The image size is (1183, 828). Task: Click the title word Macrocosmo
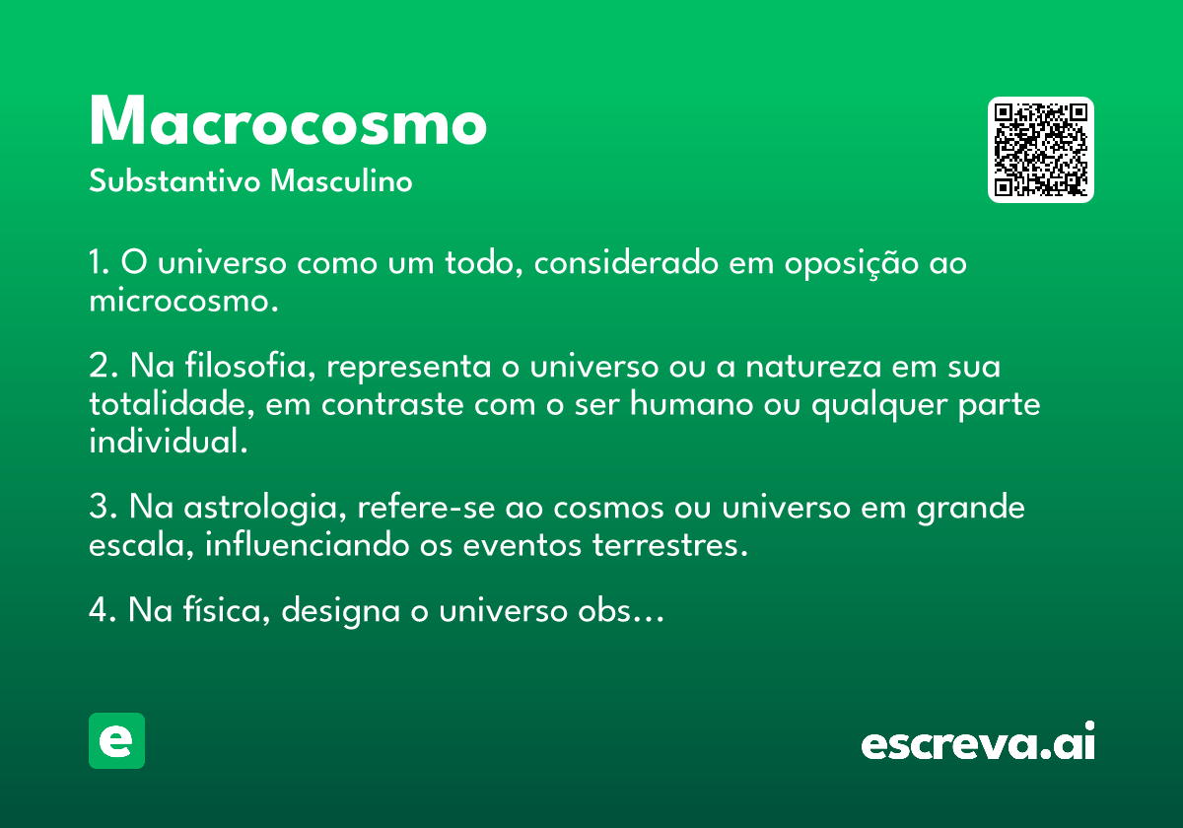288,120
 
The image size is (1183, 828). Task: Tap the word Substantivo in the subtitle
174,180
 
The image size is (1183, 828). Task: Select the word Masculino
341,180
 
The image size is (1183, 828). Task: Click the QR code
1040,150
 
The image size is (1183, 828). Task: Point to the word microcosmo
183,301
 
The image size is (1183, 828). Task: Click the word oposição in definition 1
851,264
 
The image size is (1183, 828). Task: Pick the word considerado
626,262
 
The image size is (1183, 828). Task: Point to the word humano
691,404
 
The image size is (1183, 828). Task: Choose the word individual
168,441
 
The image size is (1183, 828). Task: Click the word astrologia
264,508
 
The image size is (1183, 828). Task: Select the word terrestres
669,545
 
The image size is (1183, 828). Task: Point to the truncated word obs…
620,610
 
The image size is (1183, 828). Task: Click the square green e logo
116,740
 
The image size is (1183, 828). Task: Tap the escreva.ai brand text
978,740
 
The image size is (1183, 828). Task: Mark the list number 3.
99,506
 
